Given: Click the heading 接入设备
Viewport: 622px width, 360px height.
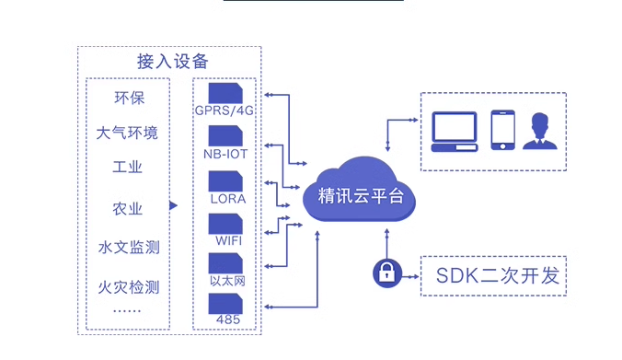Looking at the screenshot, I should click(172, 62).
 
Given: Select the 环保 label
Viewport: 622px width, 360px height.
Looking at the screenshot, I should click(128, 98).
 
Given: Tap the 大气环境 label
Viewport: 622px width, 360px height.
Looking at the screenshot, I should click(128, 133).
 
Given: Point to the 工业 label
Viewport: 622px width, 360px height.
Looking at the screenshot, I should click(128, 168).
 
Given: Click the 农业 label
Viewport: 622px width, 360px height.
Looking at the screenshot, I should click(128, 208).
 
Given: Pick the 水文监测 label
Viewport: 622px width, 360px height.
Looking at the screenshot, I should click(128, 247).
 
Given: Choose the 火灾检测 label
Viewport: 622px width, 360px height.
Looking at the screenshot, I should click(128, 286).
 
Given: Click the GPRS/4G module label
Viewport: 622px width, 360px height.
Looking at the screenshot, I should click(224, 110).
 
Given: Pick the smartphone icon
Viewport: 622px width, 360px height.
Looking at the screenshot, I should click(501, 130).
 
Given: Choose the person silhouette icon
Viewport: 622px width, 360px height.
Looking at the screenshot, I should click(541, 130).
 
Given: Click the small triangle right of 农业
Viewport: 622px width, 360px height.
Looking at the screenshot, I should click(173, 206).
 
